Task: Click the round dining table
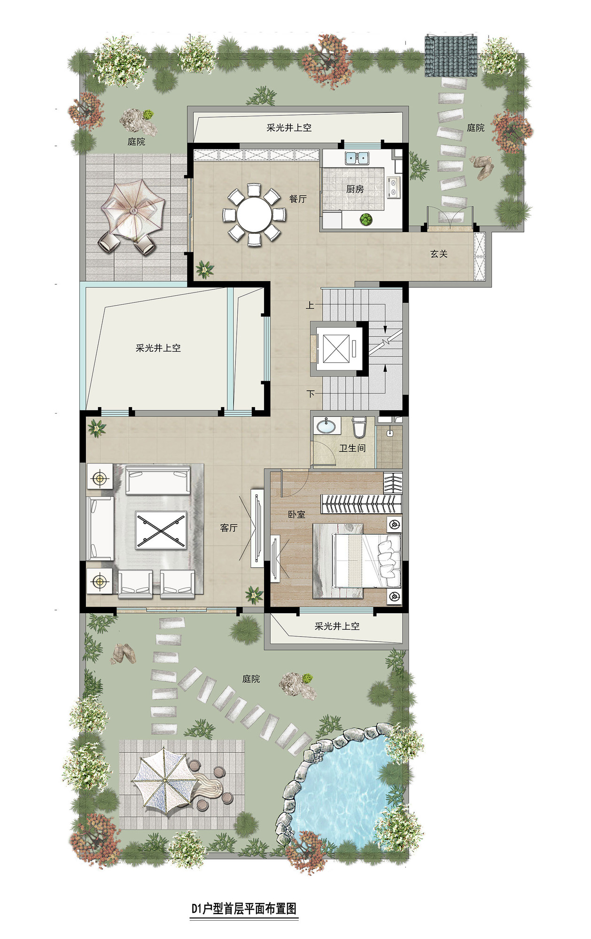[254, 215]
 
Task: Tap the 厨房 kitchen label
[355, 189]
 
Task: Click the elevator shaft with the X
[336, 349]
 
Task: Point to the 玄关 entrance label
[439, 254]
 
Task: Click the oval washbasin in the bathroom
[326, 426]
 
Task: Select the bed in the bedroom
[367, 561]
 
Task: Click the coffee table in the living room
[161, 530]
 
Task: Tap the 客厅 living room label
[229, 528]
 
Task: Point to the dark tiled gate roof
[451, 56]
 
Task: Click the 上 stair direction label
[310, 306]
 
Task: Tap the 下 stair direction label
[311, 393]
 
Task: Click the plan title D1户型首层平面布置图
[244, 908]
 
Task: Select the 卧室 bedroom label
[296, 514]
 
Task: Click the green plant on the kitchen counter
[365, 219]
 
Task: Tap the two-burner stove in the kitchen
[393, 186]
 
